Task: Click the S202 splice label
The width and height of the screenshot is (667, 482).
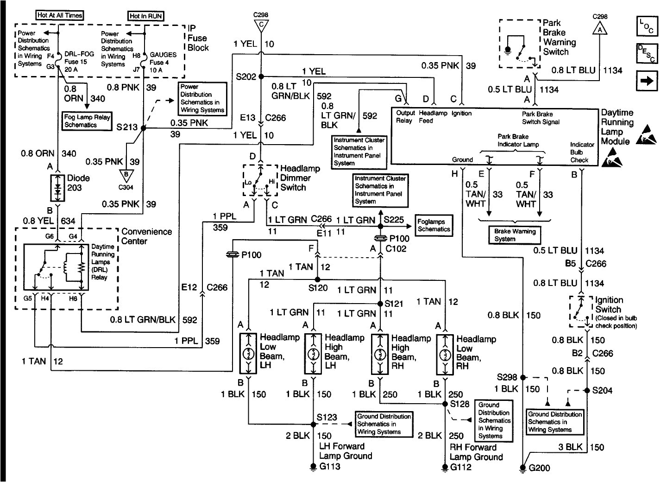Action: [245, 76]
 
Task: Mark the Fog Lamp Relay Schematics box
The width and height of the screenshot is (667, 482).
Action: [87, 121]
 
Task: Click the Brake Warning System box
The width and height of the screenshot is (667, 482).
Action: [515, 235]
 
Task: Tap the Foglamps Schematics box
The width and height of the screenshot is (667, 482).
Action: [434, 226]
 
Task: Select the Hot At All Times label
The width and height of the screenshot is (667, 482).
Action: [60, 15]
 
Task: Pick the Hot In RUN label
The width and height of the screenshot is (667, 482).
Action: [146, 16]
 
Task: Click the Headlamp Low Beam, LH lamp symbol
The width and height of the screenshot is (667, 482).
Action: [248, 353]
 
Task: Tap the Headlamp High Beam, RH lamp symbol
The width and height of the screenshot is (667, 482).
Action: [380, 353]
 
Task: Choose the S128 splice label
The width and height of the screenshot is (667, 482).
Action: [460, 404]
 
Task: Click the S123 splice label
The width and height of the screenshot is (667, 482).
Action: [327, 417]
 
